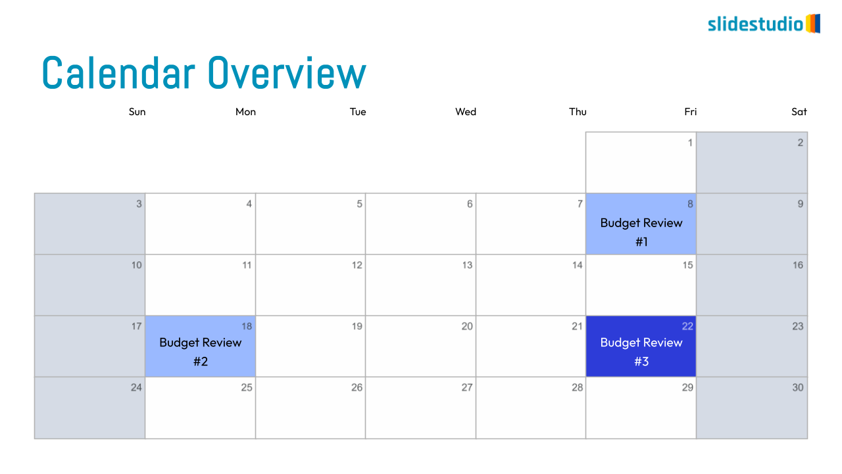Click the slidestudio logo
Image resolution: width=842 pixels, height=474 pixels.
pyautogui.click(x=764, y=24)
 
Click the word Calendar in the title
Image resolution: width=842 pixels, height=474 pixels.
pyautogui.click(x=119, y=72)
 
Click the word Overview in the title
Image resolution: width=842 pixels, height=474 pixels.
pyautogui.click(x=287, y=72)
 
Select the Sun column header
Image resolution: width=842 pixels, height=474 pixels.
pyautogui.click(x=137, y=112)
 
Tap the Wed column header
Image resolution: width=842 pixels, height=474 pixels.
pyautogui.click(x=466, y=112)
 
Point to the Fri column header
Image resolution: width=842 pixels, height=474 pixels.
pyautogui.click(x=691, y=112)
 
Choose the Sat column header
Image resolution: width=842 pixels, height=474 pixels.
pyautogui.click(x=799, y=112)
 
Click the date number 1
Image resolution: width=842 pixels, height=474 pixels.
pyautogui.click(x=690, y=143)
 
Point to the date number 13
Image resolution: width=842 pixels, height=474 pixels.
pyautogui.click(x=467, y=265)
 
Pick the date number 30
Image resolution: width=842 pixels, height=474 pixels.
pyautogui.click(x=798, y=388)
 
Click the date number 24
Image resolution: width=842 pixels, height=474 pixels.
pyautogui.click(x=136, y=388)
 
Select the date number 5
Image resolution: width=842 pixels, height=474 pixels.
pyautogui.click(x=360, y=204)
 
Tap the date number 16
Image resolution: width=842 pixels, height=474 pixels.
pyautogui.click(x=798, y=265)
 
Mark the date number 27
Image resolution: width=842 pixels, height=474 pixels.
pyautogui.click(x=467, y=388)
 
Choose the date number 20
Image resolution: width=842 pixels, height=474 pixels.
pyautogui.click(x=467, y=326)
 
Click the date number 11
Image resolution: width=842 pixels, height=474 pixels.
pyautogui.click(x=247, y=265)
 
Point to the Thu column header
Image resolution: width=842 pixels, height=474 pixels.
pyautogui.click(x=578, y=112)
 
